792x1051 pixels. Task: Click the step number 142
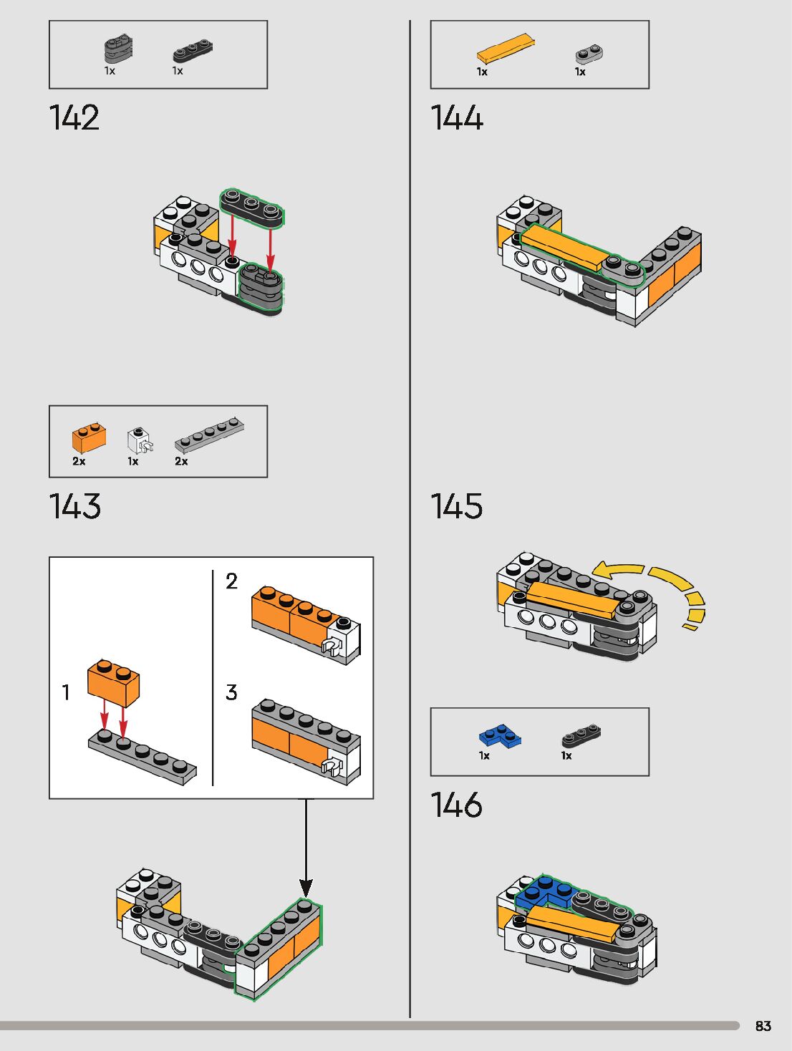pos(74,118)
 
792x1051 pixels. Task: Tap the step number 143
pos(75,506)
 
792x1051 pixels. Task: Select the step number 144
pos(457,118)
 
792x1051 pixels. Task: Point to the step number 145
pos(457,506)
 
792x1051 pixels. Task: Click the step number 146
pos(457,805)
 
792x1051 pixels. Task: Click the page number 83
pos(763,1026)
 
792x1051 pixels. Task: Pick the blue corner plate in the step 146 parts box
pos(500,737)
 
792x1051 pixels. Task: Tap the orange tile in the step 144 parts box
pos(505,49)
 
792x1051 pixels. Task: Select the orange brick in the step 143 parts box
pos(89,437)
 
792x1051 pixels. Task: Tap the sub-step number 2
pos(231,581)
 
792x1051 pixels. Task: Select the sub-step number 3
pos(231,692)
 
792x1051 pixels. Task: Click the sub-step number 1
pos(66,692)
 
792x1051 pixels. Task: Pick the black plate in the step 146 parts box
pos(581,735)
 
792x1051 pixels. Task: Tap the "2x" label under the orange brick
pos(79,462)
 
